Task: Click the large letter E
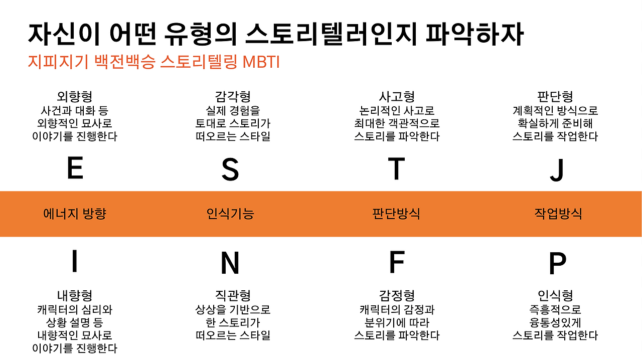75,168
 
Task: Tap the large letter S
230,169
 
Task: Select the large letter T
396,168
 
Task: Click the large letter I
75,261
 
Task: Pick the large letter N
230,263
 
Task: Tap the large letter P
557,263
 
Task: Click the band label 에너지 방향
75,214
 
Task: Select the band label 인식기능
230,214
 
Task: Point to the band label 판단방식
396,214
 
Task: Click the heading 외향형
75,97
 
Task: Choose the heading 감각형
233,97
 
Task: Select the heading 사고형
397,97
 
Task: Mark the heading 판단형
555,97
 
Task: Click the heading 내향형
75,296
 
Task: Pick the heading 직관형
233,296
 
